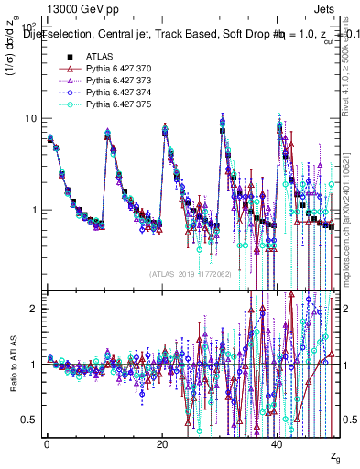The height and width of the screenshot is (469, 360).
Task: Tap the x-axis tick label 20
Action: pos(161,444)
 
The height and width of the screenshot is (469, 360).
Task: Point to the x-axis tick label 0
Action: pos(46,444)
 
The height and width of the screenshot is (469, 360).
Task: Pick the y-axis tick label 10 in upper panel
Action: pos(29,119)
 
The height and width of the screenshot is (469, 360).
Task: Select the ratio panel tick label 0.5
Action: pos(27,420)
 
